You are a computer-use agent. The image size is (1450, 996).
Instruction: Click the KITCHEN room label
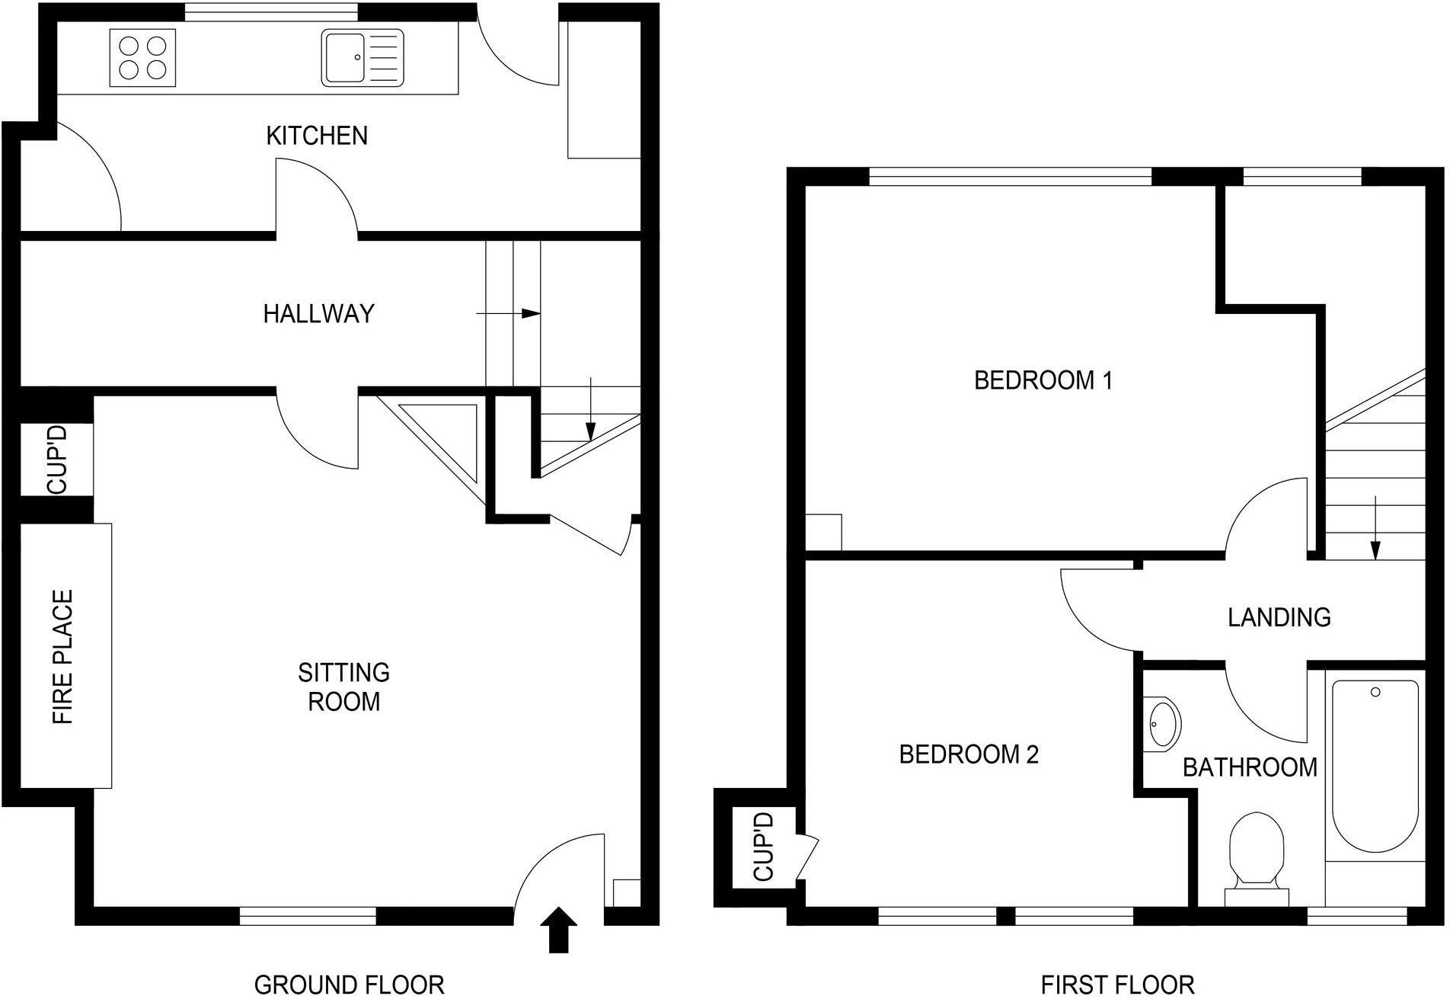click(x=317, y=136)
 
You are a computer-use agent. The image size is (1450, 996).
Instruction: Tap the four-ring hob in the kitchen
click(x=142, y=58)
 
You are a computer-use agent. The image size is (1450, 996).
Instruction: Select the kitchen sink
click(x=362, y=58)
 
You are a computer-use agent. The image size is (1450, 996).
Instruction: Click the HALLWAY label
click(x=318, y=314)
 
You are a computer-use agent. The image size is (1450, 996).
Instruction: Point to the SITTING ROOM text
click(x=343, y=687)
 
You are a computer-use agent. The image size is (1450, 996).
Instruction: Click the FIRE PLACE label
click(x=62, y=656)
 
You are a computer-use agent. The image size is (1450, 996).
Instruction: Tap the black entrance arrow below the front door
click(x=558, y=929)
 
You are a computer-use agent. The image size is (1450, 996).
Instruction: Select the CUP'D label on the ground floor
click(x=57, y=460)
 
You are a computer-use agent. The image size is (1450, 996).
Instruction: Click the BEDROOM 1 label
click(x=1043, y=380)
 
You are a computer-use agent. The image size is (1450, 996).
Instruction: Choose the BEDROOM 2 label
click(x=968, y=754)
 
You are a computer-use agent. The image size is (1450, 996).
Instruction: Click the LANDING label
click(x=1279, y=617)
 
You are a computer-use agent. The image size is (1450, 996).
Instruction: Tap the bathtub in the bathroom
click(x=1375, y=766)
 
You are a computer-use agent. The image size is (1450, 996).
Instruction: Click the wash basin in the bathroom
click(x=1163, y=722)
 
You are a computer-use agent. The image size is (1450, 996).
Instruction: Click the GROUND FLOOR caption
click(x=349, y=984)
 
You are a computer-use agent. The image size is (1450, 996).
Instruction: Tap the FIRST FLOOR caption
click(x=1117, y=984)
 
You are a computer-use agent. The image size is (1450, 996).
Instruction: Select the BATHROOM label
click(x=1249, y=767)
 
